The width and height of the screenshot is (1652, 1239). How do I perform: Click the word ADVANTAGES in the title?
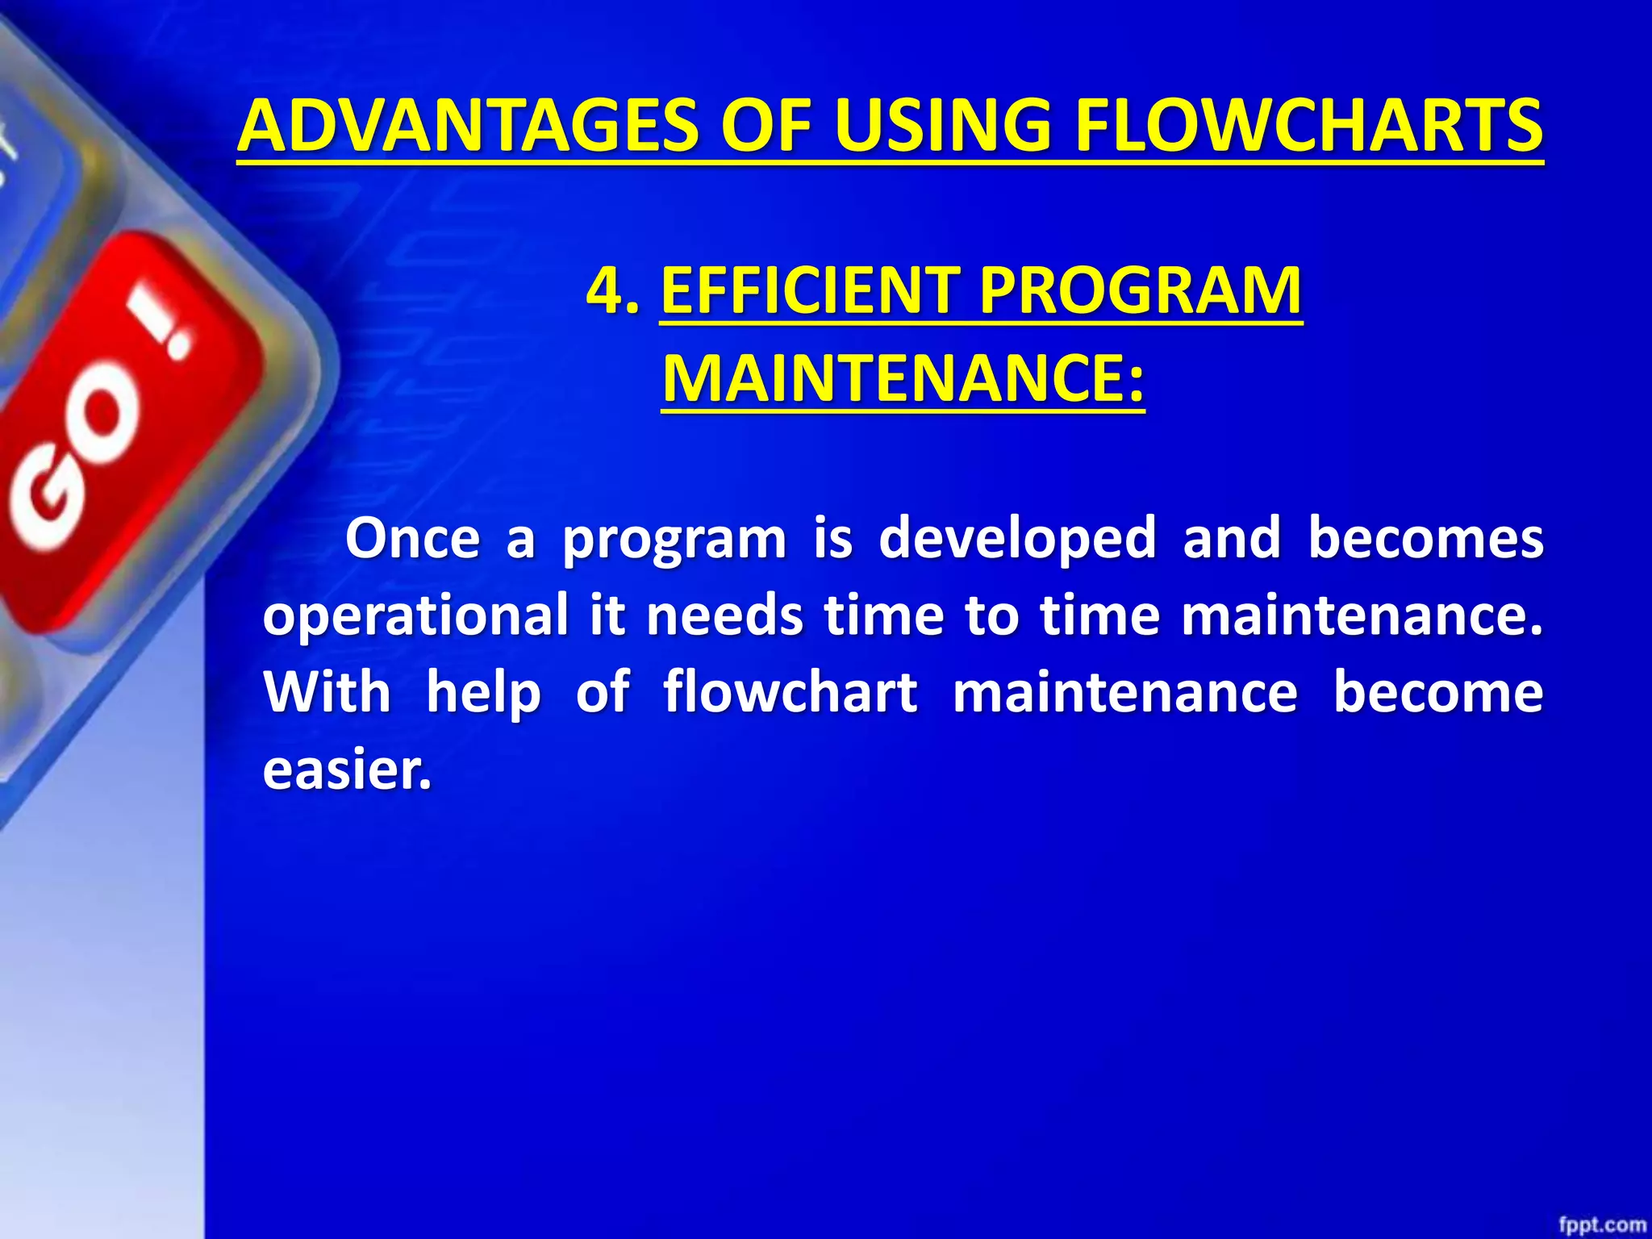pos(468,126)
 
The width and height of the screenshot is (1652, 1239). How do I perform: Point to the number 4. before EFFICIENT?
pos(613,290)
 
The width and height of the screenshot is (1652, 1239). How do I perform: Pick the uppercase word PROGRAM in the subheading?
pos(1141,290)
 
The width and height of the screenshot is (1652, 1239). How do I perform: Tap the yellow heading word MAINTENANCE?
pos(903,378)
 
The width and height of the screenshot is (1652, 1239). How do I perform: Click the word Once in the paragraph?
pos(412,538)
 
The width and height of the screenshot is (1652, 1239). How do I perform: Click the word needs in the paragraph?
pos(724,615)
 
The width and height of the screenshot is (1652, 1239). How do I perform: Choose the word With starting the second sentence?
pos(327,692)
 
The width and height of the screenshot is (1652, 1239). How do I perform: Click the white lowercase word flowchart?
pos(790,692)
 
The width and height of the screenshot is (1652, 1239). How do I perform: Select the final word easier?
pos(347,769)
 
